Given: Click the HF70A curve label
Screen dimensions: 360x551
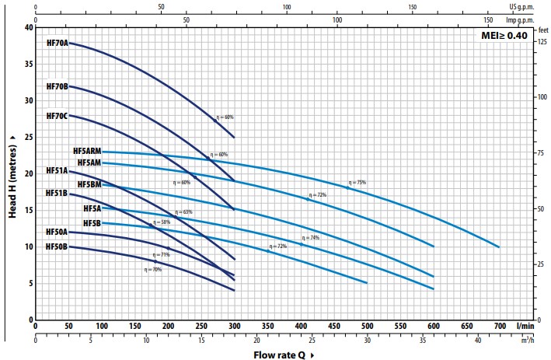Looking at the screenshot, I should pos(58,43).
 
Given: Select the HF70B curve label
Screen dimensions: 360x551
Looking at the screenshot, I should pos(58,86).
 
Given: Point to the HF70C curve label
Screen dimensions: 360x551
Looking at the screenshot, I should pos(58,116).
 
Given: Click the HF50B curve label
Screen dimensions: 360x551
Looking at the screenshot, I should pos(57,246).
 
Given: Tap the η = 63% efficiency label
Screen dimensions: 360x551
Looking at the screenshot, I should pos(183,211).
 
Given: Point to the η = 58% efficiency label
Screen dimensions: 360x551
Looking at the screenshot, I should pos(161,222).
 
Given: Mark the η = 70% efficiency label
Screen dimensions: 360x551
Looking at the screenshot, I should pos(152,269).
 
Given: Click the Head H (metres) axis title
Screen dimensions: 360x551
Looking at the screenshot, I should pos(13,176).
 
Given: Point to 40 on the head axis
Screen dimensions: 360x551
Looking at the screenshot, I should pos(29,27).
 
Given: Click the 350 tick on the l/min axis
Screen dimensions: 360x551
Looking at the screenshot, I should pos(268,326).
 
